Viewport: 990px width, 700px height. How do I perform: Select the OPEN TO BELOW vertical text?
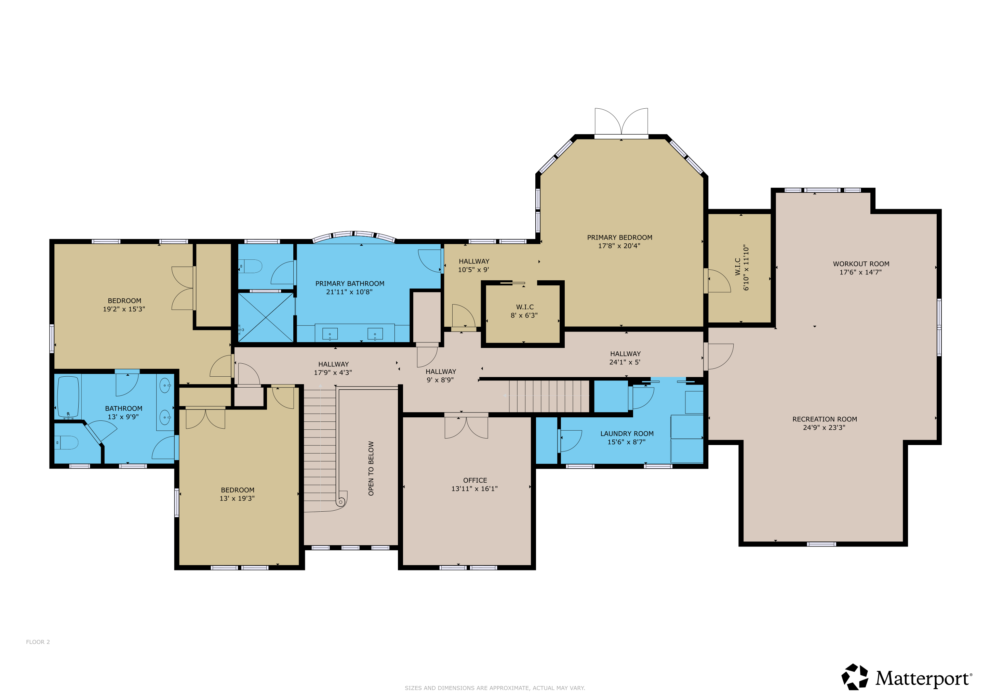[371, 468]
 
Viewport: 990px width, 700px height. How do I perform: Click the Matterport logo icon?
[855, 677]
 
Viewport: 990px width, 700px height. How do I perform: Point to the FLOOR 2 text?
[38, 642]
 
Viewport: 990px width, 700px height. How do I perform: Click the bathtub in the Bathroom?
[68, 397]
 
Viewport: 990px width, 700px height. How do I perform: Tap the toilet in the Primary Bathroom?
[252, 266]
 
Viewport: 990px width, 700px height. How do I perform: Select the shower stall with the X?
[266, 318]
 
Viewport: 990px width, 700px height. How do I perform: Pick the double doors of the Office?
[466, 427]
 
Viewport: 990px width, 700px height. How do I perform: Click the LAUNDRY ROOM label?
[627, 434]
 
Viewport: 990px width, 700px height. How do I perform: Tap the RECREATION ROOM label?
[825, 419]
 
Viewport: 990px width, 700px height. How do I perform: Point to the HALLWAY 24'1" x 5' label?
[625, 358]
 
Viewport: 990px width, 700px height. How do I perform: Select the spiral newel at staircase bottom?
[341, 501]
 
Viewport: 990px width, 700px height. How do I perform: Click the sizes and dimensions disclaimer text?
[495, 688]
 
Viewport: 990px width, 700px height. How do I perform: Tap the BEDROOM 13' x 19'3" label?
[237, 494]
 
